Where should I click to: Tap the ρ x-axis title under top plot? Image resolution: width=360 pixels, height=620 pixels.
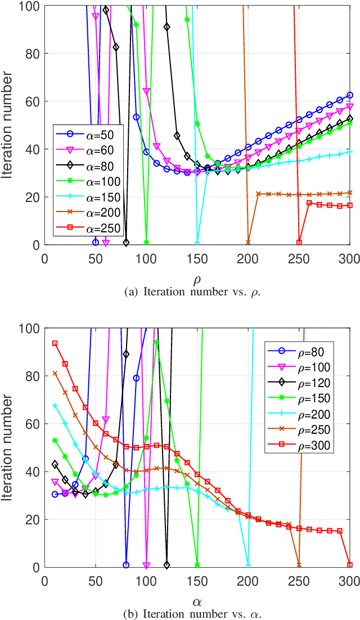197,263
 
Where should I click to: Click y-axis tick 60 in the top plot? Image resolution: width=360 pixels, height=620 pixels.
34,101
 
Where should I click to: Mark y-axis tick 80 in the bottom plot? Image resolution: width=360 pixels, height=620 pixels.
34,376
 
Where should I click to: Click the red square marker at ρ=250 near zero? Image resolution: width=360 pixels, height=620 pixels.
299,242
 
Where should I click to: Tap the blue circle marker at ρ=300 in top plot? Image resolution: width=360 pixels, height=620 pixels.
350,95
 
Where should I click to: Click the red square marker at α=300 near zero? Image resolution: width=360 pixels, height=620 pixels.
350,565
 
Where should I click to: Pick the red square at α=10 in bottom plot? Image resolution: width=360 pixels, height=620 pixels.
55,343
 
